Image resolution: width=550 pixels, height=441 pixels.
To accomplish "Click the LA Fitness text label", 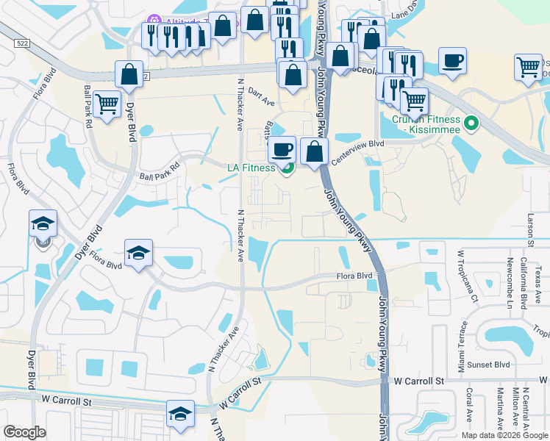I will click(250, 168).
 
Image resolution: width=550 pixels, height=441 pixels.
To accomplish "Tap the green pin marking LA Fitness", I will click(287, 168).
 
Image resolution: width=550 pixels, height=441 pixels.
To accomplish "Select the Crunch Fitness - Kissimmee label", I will click(426, 124).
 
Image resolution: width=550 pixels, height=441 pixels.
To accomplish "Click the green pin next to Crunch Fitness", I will click(473, 123).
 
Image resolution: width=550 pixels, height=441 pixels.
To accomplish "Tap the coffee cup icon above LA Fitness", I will click(282, 150).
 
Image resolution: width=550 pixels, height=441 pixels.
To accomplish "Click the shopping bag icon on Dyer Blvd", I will click(129, 73).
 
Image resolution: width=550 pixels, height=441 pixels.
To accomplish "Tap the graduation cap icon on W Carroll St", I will click(180, 414).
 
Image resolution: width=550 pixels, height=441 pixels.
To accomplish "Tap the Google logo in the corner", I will click(24, 432).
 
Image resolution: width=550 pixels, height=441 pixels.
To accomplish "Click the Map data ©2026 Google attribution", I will click(504, 434).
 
